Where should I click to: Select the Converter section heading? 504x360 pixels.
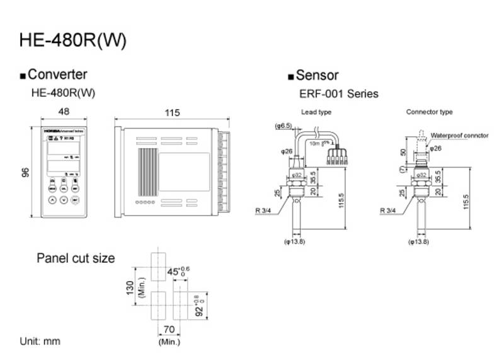(57, 75)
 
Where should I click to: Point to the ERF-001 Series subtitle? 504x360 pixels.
(339, 94)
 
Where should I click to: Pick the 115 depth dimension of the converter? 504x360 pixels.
(172, 113)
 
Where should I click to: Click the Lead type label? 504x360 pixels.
(316, 112)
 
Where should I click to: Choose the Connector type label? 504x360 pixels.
(429, 112)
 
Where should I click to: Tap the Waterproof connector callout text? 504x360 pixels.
(459, 136)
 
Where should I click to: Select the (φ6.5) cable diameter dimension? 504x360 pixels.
(283, 126)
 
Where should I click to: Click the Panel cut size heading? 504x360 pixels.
(76, 258)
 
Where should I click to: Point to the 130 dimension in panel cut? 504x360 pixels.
(131, 289)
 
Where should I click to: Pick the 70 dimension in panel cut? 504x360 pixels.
(168, 329)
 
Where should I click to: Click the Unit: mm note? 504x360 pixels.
(40, 341)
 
